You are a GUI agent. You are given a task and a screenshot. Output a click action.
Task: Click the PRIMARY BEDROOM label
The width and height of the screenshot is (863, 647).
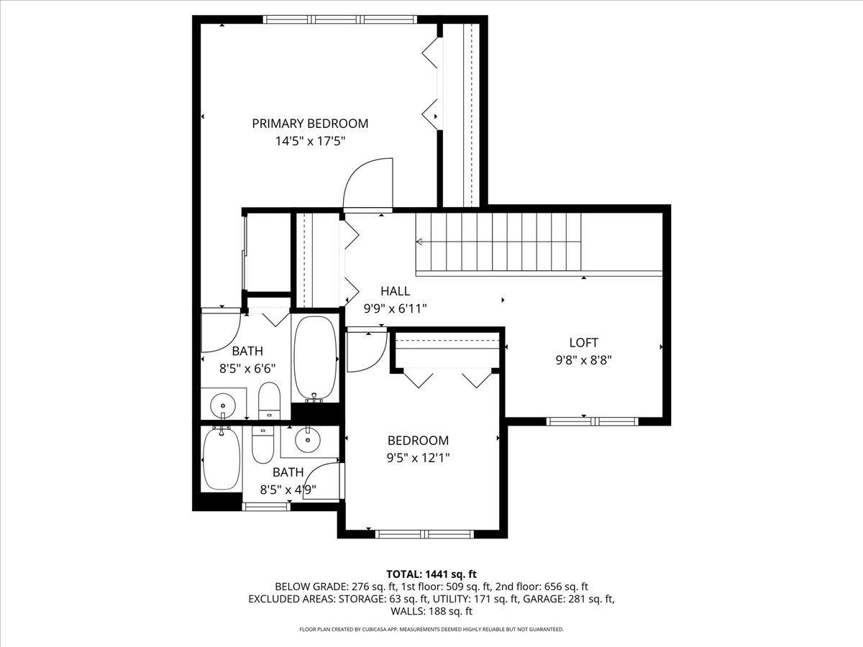310,124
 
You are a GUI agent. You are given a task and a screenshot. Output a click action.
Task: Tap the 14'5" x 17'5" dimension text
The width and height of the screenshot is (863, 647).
310,142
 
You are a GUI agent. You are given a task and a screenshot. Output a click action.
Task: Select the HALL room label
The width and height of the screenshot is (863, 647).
396,291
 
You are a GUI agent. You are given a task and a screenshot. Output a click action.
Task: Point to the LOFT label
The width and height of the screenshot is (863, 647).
583,343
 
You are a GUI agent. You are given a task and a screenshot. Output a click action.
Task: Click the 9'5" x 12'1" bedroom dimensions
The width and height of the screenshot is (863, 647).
418,457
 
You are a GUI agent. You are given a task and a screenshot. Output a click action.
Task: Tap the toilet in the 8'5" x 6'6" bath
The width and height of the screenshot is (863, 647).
268,400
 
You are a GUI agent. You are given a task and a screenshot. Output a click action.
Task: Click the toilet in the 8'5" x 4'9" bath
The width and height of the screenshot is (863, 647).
262,445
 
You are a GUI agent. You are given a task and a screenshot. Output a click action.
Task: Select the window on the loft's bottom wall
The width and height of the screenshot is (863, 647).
591,421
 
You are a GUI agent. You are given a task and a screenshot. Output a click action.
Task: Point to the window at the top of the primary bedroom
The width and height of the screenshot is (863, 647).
339,19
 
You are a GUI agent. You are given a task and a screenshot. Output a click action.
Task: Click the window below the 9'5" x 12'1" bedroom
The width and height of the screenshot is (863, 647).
424,534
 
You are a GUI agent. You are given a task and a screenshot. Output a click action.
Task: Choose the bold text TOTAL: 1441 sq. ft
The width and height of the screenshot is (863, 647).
431,574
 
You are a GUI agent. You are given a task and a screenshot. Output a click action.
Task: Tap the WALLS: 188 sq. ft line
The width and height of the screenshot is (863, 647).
431,612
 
